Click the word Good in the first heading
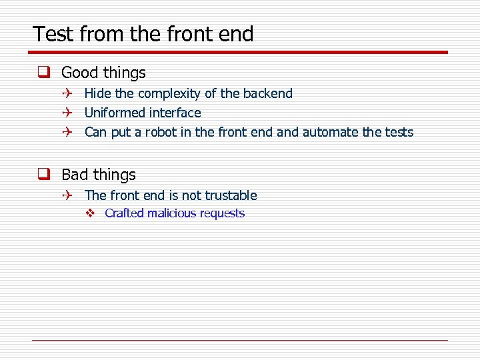pos(80,73)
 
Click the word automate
pos(331,133)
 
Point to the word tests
pos(398,133)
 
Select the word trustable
pos(231,195)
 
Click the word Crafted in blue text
pos(124,213)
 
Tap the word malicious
pos(172,213)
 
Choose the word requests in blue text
pos(223,213)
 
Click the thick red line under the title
pos(240,52)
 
